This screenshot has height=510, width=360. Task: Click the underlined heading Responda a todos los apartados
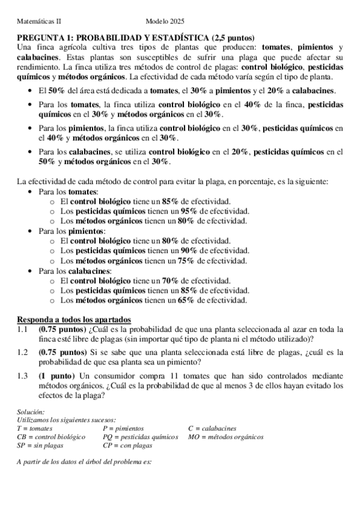(x=74, y=319)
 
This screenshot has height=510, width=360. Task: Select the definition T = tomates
(x=35, y=428)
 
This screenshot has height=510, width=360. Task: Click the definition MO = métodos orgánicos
(x=225, y=437)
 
